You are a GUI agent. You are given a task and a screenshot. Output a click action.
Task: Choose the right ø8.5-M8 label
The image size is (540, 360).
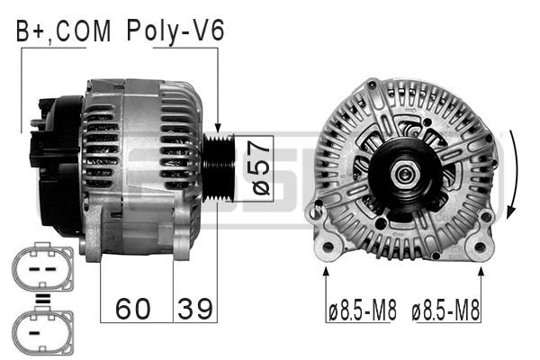pyautogui.click(x=445, y=312)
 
